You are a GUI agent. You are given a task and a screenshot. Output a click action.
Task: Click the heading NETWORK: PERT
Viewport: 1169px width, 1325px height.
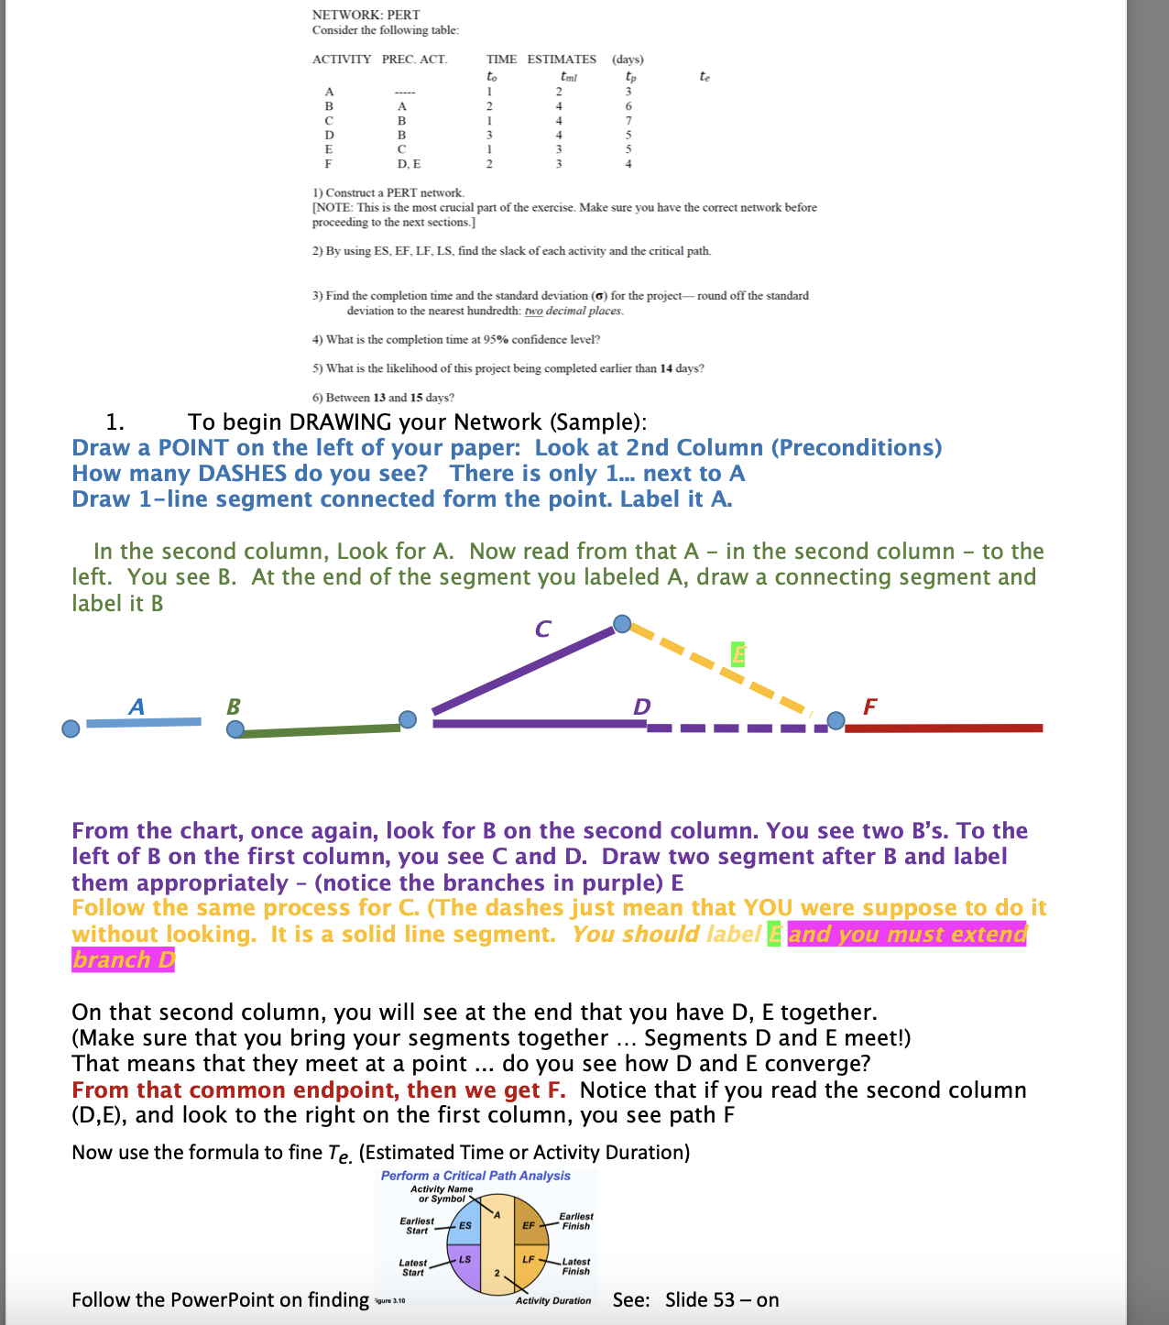tap(366, 15)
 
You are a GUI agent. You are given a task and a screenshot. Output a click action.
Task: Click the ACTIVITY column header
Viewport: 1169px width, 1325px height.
tap(341, 60)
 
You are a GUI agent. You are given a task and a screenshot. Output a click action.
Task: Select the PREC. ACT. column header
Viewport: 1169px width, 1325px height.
tap(414, 60)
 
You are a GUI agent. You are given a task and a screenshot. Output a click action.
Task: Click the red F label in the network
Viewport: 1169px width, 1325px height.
tap(869, 706)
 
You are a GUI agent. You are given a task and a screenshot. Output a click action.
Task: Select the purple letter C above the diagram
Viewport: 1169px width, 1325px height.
tap(542, 629)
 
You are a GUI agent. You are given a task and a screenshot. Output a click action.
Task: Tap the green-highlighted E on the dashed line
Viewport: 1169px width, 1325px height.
tap(738, 654)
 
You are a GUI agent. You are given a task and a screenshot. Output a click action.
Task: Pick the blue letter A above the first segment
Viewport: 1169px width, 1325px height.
tap(137, 706)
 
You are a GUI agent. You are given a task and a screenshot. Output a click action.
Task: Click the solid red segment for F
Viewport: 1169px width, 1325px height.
tap(944, 728)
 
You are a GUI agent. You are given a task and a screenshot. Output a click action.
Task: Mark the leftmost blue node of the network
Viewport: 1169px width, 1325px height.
tap(71, 728)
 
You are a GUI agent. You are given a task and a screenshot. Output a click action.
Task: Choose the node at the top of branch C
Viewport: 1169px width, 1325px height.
tap(622, 624)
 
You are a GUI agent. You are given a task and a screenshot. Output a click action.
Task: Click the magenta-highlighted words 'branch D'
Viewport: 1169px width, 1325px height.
tap(123, 959)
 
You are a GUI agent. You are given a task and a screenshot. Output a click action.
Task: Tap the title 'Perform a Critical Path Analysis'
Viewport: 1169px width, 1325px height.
tap(475, 1176)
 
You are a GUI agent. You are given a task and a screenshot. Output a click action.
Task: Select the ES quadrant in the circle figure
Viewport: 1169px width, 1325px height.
tap(464, 1224)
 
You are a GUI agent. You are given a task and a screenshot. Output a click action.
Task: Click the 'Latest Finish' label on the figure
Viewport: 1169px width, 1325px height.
tap(575, 1266)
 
